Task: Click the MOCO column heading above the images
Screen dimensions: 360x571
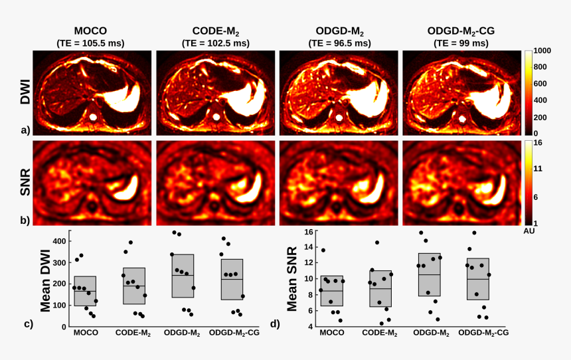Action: point(91,31)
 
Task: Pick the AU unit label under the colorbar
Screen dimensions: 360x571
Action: point(529,232)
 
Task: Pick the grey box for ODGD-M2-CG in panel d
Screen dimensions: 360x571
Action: point(478,279)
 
